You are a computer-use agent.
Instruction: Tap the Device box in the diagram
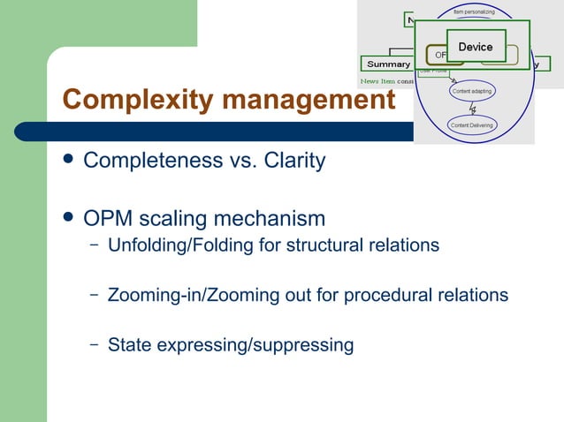tap(476, 47)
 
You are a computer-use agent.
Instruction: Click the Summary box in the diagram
tap(388, 64)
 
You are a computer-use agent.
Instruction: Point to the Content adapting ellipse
tap(472, 91)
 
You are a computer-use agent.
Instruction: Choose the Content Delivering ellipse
tap(472, 125)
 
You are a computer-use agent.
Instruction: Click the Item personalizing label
tap(474, 12)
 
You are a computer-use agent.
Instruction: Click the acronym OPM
tap(106, 218)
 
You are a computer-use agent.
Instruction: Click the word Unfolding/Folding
tap(180, 245)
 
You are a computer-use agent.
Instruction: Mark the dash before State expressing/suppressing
tap(94, 344)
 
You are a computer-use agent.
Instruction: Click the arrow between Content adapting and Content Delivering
tap(473, 109)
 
